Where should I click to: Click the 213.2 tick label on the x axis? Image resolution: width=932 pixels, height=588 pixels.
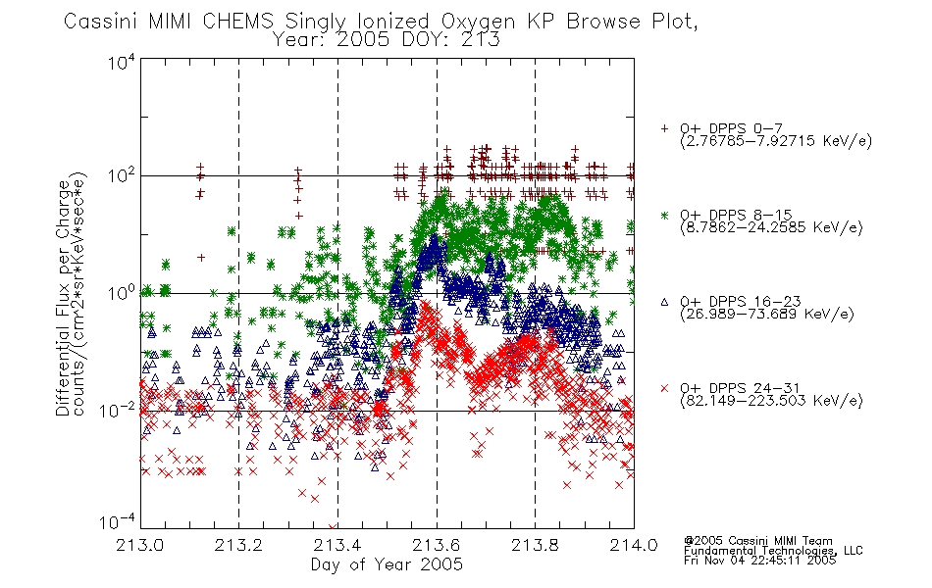238,545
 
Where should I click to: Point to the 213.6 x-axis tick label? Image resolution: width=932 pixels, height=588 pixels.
437,545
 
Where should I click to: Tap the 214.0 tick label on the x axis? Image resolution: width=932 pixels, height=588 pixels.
634,545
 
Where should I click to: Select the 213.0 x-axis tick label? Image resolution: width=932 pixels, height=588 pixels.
140,545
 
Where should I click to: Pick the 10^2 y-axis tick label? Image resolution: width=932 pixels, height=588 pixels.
122,175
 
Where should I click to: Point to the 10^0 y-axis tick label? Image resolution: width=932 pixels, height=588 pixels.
122,293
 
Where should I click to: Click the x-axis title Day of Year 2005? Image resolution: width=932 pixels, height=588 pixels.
387,564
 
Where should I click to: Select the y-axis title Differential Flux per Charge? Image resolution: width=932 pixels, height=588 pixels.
64,298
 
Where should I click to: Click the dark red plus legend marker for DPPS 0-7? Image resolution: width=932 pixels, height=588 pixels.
664,128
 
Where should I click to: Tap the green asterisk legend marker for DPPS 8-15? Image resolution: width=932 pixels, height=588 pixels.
664,215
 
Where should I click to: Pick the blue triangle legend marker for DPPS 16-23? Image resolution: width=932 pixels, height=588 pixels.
664,302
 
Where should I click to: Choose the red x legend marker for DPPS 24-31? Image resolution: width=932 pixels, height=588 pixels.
664,388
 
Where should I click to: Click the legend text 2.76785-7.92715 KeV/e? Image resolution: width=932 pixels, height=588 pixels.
776,141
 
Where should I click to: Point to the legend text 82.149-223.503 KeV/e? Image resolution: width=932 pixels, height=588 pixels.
771,401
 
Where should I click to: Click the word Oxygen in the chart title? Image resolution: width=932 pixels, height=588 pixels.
478,22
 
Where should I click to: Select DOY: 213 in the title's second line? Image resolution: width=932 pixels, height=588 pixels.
450,40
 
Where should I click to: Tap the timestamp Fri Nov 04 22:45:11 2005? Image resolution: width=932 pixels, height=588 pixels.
759,561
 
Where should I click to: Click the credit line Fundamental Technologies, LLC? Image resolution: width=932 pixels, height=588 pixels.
773,551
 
